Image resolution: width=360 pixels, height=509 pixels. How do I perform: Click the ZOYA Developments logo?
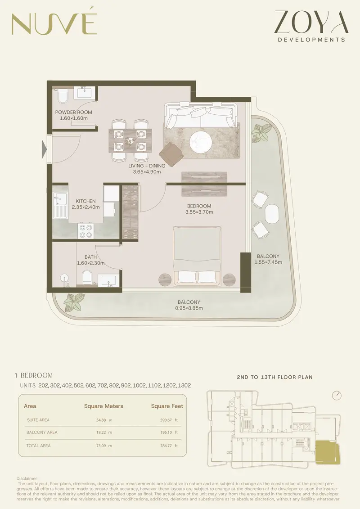click(311, 26)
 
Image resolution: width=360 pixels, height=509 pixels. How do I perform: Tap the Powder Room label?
click(74, 113)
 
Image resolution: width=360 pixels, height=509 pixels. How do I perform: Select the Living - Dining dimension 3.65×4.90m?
click(147, 172)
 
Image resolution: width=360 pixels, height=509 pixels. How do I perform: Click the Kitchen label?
click(85, 201)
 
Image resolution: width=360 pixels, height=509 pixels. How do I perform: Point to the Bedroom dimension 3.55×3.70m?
click(199, 212)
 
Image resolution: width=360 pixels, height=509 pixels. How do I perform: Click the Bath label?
click(90, 257)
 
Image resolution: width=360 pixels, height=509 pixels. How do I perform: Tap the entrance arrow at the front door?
click(44, 149)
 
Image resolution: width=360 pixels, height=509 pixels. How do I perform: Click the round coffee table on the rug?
click(201, 142)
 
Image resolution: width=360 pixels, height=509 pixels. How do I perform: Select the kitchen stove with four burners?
click(85, 231)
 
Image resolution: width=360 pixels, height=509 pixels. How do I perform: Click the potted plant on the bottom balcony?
click(74, 302)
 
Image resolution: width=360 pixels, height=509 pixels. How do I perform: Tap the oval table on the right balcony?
click(272, 213)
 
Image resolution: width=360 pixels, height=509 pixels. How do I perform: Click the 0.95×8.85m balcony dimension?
click(189, 308)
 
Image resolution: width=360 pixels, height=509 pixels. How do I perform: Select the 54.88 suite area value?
click(101, 420)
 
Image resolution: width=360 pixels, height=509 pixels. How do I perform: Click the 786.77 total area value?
click(166, 446)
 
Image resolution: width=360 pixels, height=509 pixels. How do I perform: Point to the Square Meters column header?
click(103, 406)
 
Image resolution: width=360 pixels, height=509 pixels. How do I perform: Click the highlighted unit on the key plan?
click(328, 451)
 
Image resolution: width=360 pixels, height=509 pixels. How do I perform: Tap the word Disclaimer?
click(27, 478)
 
